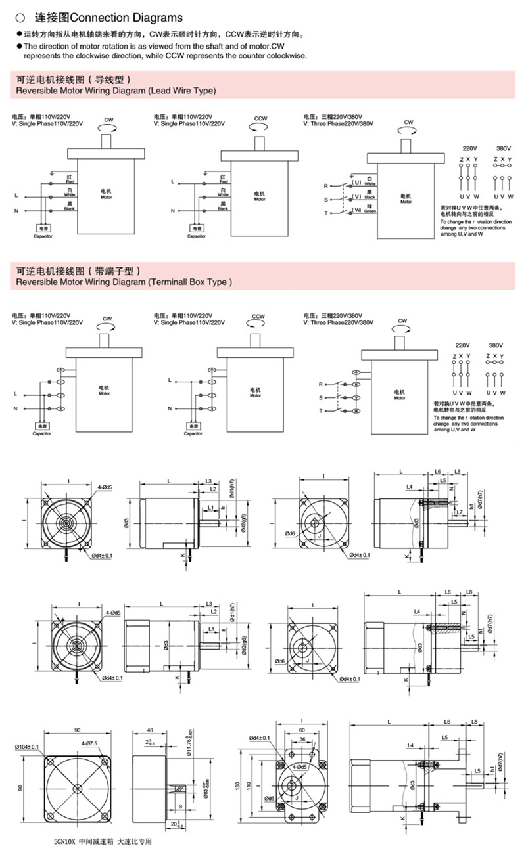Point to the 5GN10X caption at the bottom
tap(103, 842)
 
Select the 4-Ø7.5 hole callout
tap(90, 743)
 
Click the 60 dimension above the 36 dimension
tap(302, 729)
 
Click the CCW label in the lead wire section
tap(260, 118)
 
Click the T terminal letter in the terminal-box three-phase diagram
tap(321, 410)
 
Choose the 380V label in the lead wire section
tap(502, 148)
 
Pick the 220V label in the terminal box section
tap(462, 345)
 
